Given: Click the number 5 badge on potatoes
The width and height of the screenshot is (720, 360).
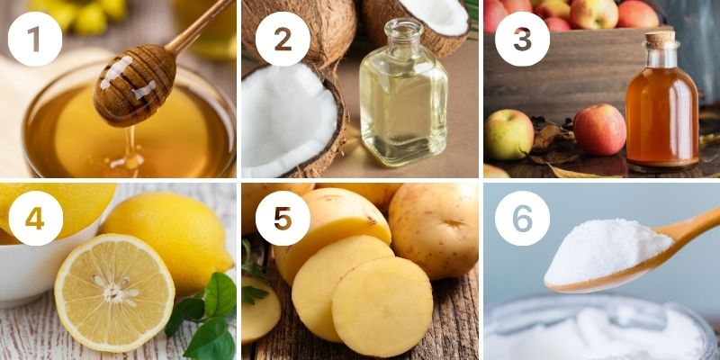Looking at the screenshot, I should click(281, 218).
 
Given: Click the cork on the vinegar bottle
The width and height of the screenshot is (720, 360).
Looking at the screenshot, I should click(661, 40).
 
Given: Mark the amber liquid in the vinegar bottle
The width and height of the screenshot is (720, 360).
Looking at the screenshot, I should click(661, 121).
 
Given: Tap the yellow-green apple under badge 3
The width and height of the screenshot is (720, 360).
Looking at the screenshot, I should click(508, 134).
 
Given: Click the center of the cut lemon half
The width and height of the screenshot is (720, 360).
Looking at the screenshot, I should click(114, 292).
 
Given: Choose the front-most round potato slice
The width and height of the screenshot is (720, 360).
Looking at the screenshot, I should click(382, 306).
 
